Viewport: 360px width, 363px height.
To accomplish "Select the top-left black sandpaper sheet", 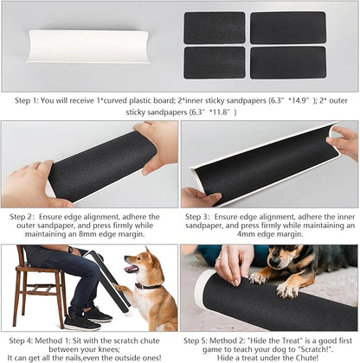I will click(215, 27).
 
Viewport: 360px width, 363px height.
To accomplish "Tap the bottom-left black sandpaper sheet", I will click(215, 61).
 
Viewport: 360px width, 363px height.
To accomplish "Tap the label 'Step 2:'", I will click(22, 217).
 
